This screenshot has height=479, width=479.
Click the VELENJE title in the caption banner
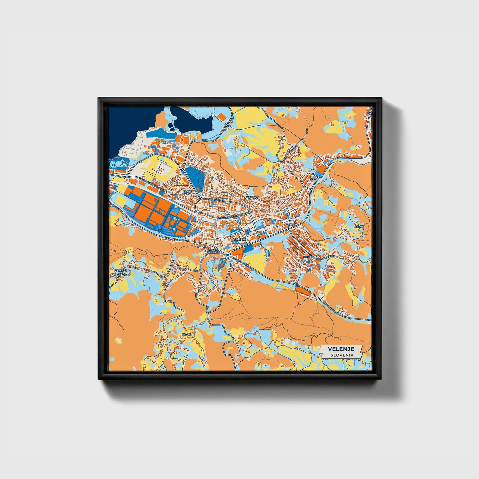[x=341, y=349]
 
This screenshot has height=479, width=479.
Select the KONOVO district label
[x=252, y=197]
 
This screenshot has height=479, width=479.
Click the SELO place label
[x=313, y=179]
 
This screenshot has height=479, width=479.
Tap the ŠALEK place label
[x=292, y=224]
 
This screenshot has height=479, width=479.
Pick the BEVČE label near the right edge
[x=359, y=226]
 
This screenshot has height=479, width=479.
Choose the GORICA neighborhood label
[x=308, y=257]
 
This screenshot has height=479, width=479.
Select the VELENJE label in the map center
[x=239, y=239]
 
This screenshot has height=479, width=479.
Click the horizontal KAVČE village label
[x=186, y=335]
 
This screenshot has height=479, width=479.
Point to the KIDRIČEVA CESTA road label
[x=215, y=200]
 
